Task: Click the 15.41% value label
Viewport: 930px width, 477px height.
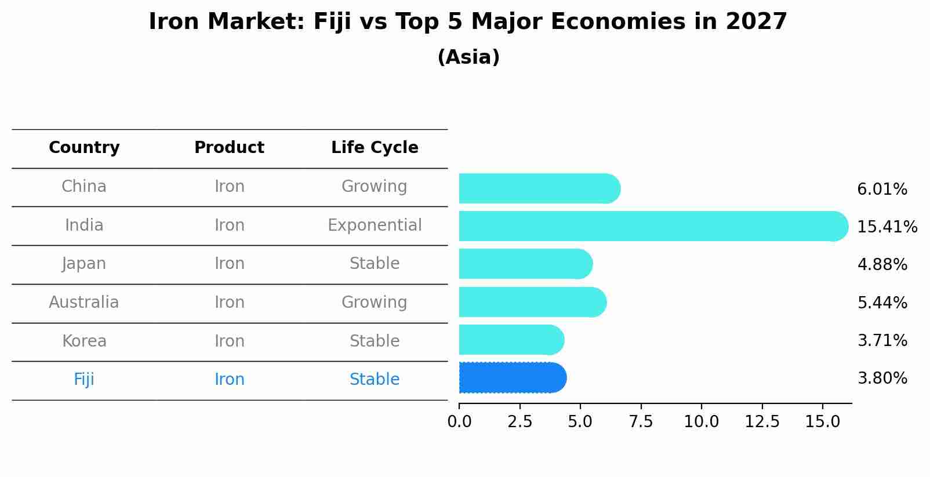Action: point(887,227)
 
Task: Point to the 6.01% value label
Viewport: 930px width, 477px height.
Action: point(882,189)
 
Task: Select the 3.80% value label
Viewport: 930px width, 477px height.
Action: point(882,378)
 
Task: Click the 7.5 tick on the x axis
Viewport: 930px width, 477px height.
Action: point(641,421)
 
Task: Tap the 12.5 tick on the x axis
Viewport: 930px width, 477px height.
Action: point(762,421)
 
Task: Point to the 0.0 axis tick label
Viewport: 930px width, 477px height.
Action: point(459,421)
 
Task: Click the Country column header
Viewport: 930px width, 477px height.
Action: point(84,148)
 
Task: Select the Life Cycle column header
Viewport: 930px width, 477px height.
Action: point(375,148)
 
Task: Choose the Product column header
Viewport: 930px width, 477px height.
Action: point(229,148)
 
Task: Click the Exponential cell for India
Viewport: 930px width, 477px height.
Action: point(375,225)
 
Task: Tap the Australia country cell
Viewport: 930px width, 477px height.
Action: point(84,302)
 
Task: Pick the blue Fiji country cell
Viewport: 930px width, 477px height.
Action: point(84,379)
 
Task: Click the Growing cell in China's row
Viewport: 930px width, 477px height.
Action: point(375,186)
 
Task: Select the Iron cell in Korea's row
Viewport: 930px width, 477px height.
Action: point(229,341)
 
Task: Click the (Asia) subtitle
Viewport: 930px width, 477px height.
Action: point(468,57)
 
